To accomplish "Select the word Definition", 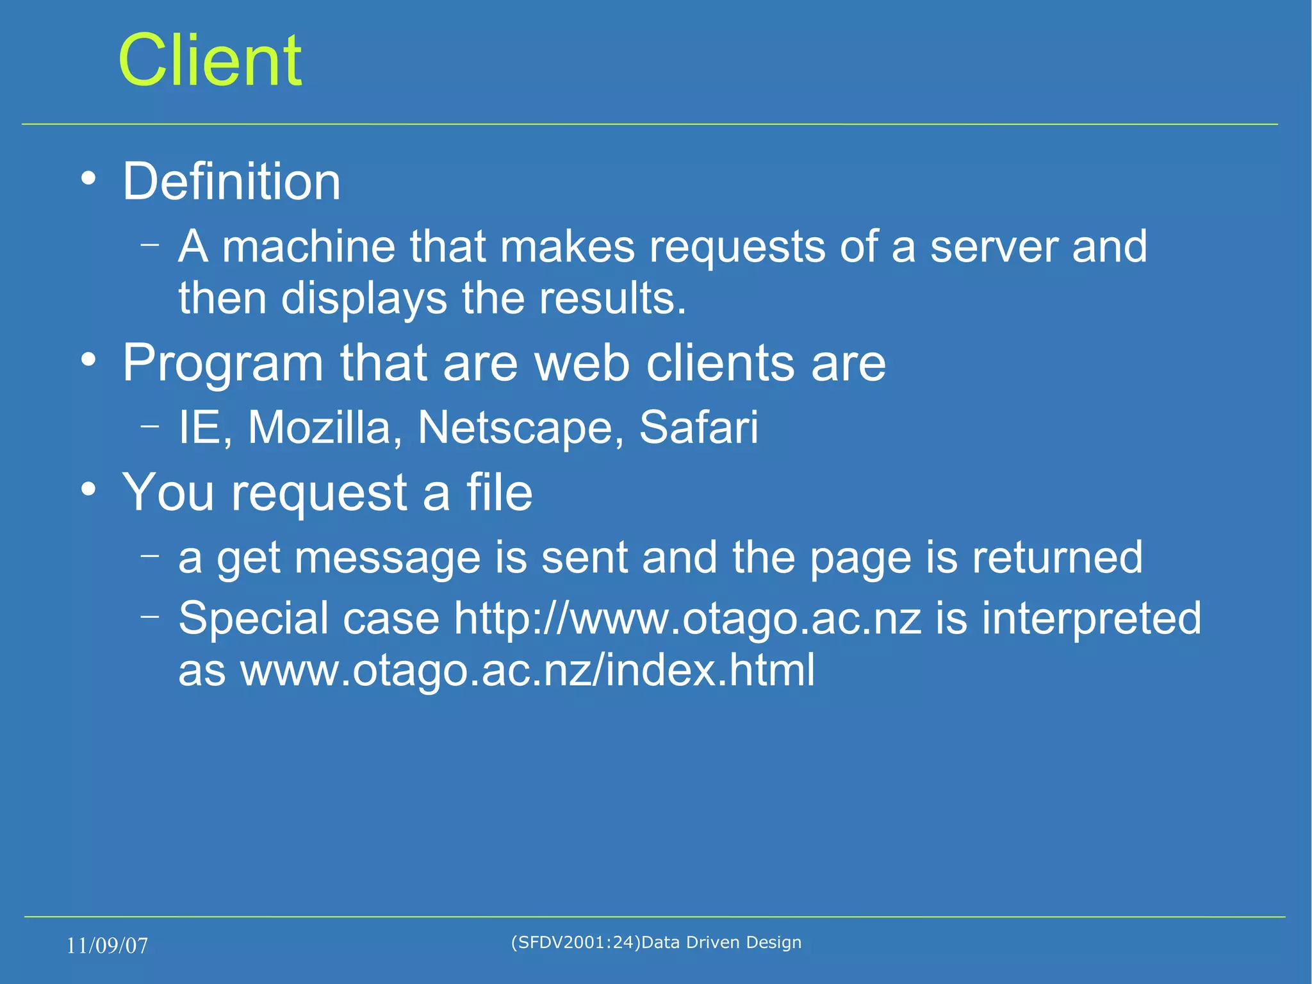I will coord(231,182).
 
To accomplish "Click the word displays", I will coord(364,299).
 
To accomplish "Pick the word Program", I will coord(222,364).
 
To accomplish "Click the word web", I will coord(582,363).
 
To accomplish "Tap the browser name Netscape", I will coord(520,428).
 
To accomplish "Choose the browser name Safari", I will coord(698,428).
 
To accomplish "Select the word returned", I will coord(1057,556).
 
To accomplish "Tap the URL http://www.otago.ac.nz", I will coord(687,619).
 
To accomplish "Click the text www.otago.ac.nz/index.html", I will coord(527,671).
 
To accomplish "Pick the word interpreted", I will coord(1091,619).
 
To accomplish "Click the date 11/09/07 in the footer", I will coord(107,946).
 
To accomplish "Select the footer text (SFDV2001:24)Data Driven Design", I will coord(656,942).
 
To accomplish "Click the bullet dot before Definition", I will coord(88,179).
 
